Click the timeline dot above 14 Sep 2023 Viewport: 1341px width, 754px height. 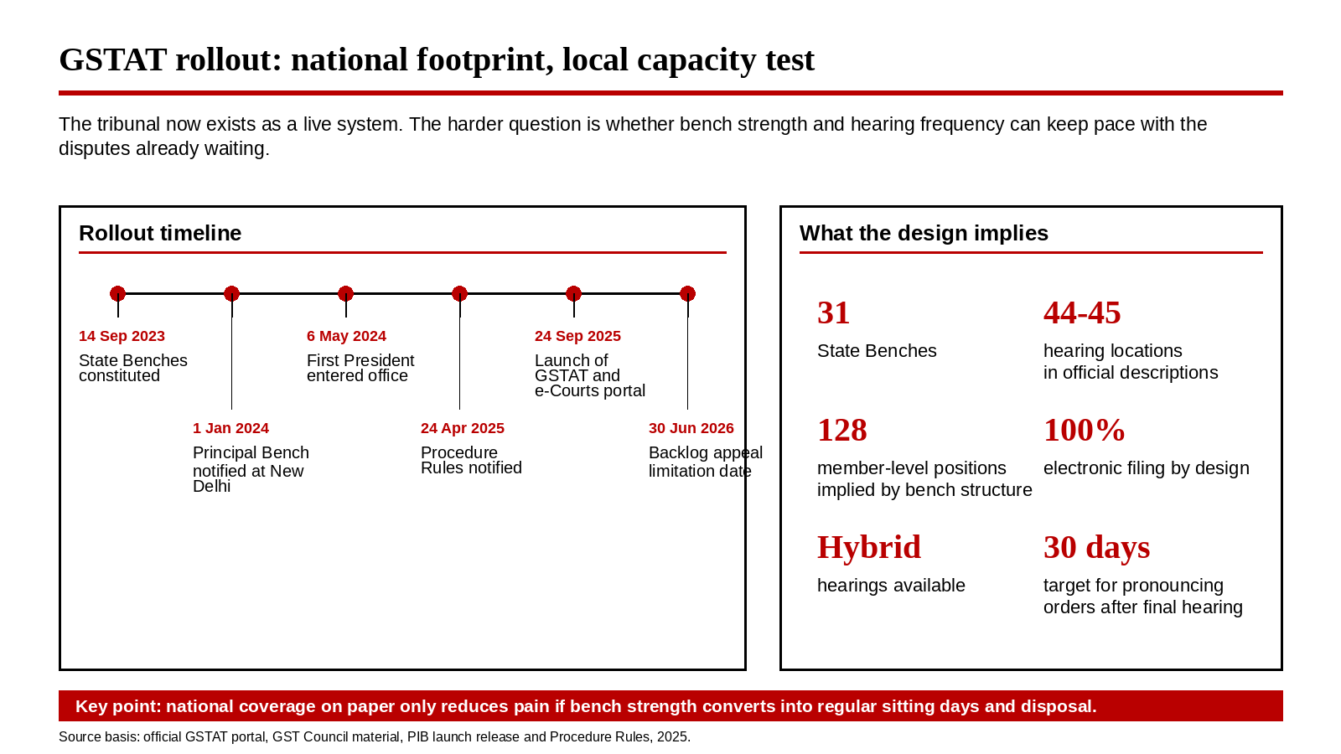tap(118, 294)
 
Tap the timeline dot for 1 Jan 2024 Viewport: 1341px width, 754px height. tap(231, 294)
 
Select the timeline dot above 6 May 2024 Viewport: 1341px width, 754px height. tap(345, 294)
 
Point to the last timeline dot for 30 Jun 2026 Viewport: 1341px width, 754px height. tap(687, 294)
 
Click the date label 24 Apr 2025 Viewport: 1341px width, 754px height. tap(462, 428)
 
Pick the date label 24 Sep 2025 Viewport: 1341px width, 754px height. tap(577, 336)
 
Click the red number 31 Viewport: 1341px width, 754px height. tap(833, 313)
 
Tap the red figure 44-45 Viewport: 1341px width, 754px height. tap(1082, 313)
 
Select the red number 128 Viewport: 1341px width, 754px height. tap(841, 431)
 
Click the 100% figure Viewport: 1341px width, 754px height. tap(1085, 431)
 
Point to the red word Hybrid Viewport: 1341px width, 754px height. tap(868, 548)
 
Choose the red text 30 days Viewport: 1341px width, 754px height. tap(1097, 548)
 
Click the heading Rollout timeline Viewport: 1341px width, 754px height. tap(160, 233)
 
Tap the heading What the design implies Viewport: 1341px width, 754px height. tap(924, 233)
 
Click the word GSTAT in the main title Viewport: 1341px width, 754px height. tap(112, 59)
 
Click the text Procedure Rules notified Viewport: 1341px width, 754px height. tap(471, 460)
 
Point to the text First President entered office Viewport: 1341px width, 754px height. tap(360, 368)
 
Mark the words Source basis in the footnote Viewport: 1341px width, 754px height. tap(99, 737)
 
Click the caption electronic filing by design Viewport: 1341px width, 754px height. tap(1147, 468)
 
